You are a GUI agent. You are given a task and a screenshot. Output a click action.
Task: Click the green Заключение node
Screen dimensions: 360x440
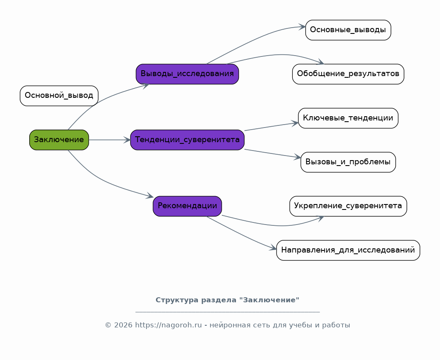coord(59,140)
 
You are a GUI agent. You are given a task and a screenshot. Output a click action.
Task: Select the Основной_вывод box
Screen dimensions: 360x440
coord(59,96)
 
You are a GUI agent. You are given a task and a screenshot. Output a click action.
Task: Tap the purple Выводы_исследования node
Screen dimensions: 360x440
coord(187,74)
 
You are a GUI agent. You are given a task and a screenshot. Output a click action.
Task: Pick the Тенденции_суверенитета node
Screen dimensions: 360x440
coord(187,140)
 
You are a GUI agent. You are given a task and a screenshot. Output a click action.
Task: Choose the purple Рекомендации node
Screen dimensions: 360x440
coord(187,206)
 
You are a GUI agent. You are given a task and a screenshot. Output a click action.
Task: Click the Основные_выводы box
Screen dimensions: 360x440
coord(348,30)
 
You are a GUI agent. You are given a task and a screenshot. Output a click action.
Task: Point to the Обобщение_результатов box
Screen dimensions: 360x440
coord(348,74)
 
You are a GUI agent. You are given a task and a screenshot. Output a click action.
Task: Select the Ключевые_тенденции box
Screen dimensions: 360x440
coord(348,118)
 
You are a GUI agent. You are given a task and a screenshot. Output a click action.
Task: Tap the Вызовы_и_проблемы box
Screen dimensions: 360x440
coord(348,162)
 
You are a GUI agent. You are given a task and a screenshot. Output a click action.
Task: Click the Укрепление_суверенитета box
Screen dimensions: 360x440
coord(348,206)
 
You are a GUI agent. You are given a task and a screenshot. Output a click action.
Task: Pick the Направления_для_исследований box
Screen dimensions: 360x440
coord(348,250)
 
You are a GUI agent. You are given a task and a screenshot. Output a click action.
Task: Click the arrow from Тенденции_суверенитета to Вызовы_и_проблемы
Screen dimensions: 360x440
coord(272,153)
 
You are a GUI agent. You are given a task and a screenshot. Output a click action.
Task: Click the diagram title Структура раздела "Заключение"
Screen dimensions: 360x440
coord(227,300)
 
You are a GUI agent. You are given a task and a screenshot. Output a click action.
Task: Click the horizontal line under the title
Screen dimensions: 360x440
coord(227,312)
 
